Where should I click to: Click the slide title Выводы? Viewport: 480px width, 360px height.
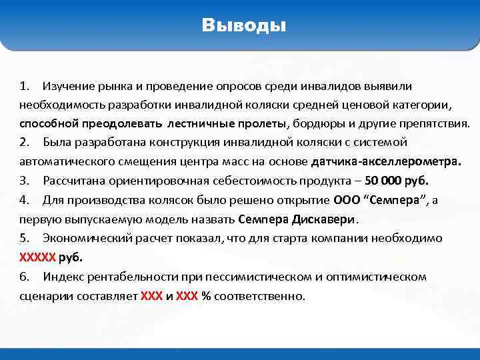pos(244,26)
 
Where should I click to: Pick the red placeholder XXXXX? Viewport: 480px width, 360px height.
pos(38,257)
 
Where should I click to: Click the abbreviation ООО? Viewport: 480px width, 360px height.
pos(347,200)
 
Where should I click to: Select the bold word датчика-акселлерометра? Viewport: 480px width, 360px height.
pos(386,162)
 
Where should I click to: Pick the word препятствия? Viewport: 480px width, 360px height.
pos(433,124)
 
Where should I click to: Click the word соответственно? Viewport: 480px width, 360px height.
pos(259,296)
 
